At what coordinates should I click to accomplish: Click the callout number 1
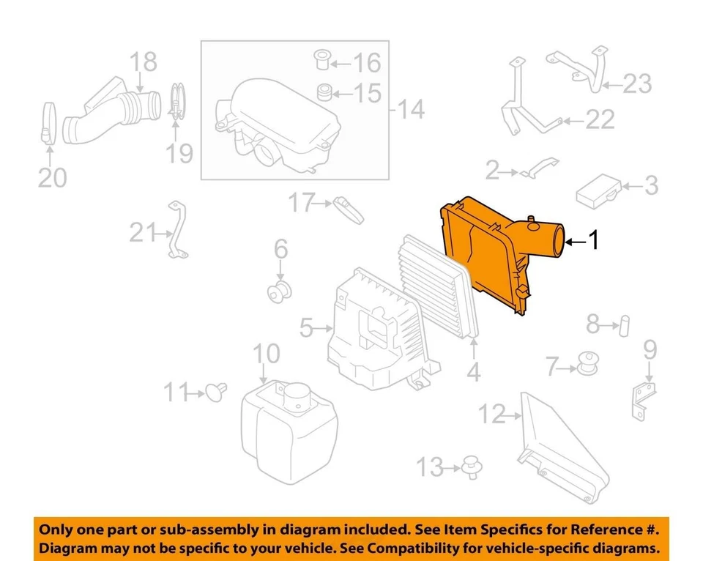[x=595, y=240]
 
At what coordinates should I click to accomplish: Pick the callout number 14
[x=412, y=110]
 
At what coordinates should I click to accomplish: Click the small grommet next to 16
[x=320, y=60]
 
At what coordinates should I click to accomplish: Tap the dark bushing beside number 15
[x=322, y=93]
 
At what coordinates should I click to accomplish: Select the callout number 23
[x=636, y=83]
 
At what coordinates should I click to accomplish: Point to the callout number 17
[x=301, y=203]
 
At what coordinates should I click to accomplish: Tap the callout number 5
[x=306, y=327]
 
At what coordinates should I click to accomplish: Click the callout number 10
[x=267, y=354]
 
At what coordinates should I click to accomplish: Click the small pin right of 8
[x=624, y=322]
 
